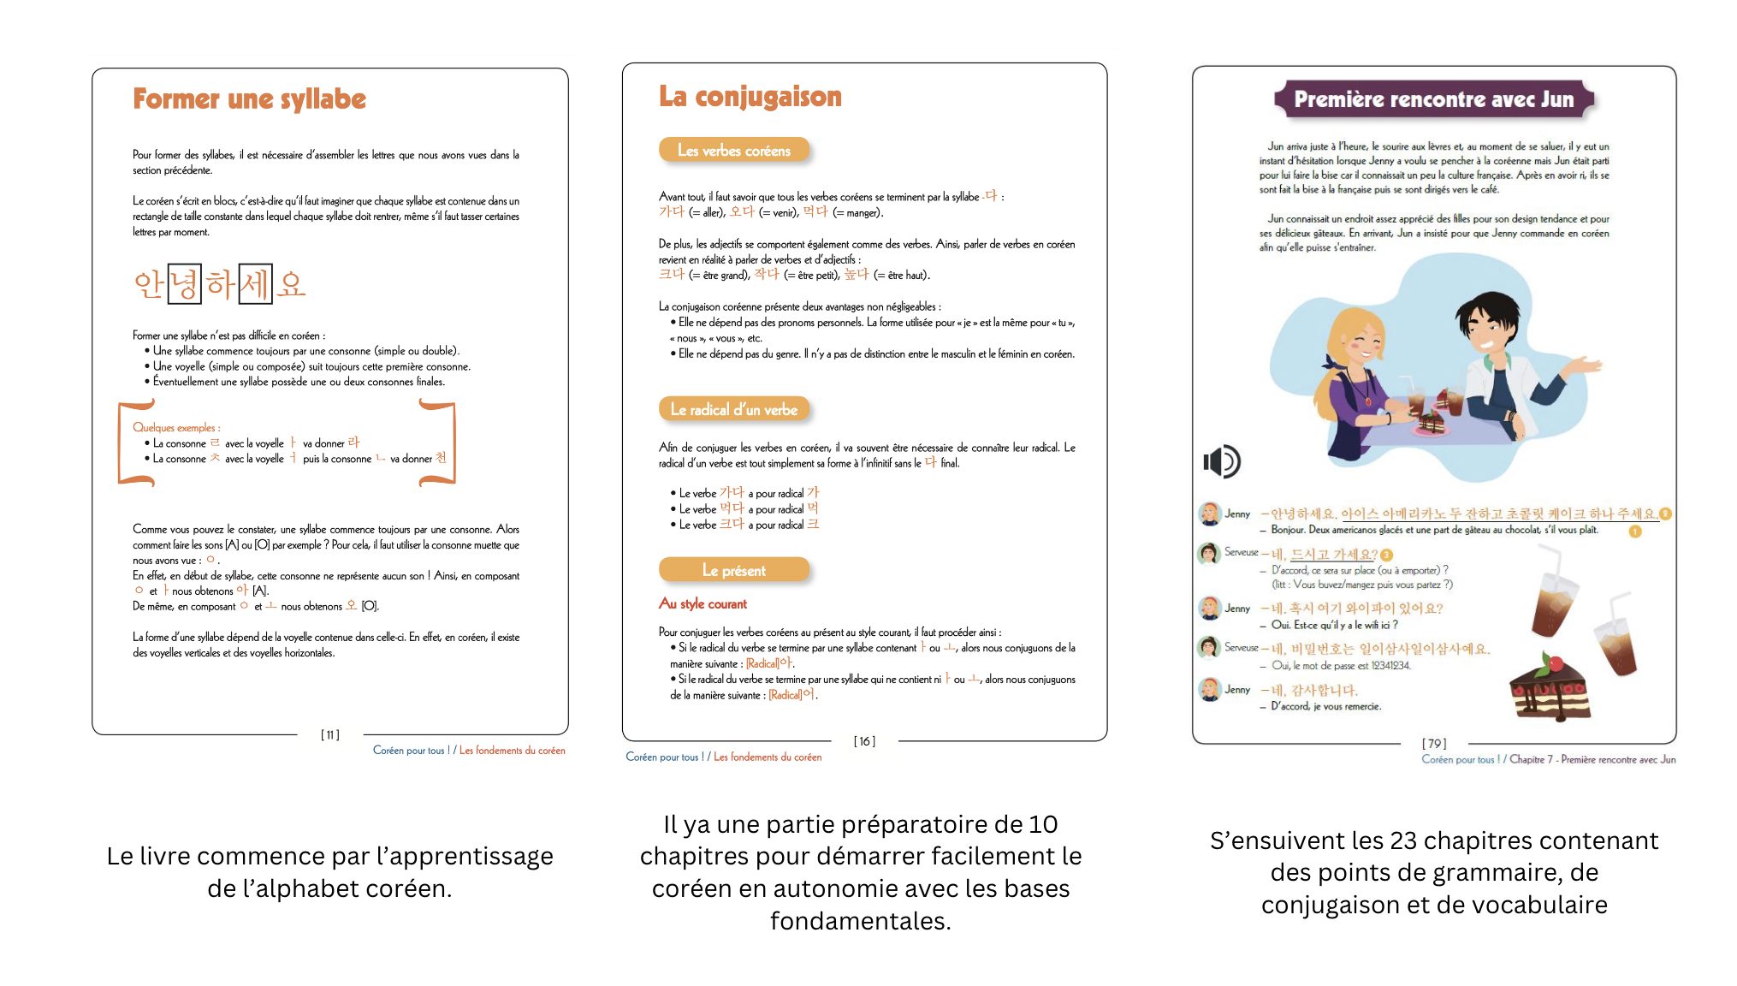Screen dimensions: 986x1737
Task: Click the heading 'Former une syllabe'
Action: coord(249,99)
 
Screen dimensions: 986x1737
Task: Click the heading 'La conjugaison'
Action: coord(750,97)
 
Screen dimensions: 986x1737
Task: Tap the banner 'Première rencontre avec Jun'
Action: coord(1433,99)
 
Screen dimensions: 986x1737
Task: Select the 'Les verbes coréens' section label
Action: coord(733,151)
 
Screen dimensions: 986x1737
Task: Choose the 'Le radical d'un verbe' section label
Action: coord(733,410)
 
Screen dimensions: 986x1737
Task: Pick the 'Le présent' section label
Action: coord(733,570)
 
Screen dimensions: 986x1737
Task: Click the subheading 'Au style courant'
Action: coord(703,603)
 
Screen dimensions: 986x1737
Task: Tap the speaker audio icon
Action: coord(1221,461)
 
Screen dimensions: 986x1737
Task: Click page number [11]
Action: coord(330,734)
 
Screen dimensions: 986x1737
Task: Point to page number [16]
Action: coord(864,741)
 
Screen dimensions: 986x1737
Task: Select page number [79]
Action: coord(1434,743)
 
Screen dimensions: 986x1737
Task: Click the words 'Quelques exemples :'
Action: coord(176,427)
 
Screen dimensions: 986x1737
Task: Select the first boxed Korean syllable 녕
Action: coord(184,284)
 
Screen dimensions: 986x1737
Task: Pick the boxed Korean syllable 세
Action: coord(255,284)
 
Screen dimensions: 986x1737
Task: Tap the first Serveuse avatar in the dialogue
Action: coord(1208,553)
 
